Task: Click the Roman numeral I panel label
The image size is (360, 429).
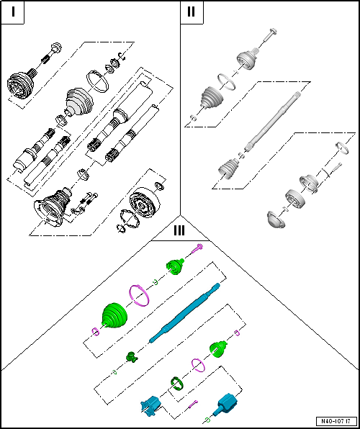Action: coord(13,12)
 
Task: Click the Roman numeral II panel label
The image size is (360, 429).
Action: coord(192,12)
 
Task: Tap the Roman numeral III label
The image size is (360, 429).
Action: coord(179,230)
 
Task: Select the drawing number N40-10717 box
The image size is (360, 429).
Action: coord(337,420)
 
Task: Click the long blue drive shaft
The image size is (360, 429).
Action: coord(185,312)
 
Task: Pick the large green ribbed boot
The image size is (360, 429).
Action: coord(114,315)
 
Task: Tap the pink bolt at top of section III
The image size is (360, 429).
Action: coord(197,248)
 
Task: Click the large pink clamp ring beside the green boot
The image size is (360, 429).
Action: coord(140,296)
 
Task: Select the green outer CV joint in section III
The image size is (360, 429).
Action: coord(175,266)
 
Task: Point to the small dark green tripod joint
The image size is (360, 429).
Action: coord(132,357)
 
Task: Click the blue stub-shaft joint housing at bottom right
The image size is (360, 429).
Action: coord(225,405)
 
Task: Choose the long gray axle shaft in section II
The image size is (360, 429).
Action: coord(273,121)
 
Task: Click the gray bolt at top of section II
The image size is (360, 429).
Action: coord(271,35)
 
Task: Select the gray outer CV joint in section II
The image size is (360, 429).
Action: coord(248,59)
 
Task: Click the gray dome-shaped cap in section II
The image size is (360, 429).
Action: coord(276,219)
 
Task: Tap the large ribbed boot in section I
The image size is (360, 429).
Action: coord(79,102)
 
